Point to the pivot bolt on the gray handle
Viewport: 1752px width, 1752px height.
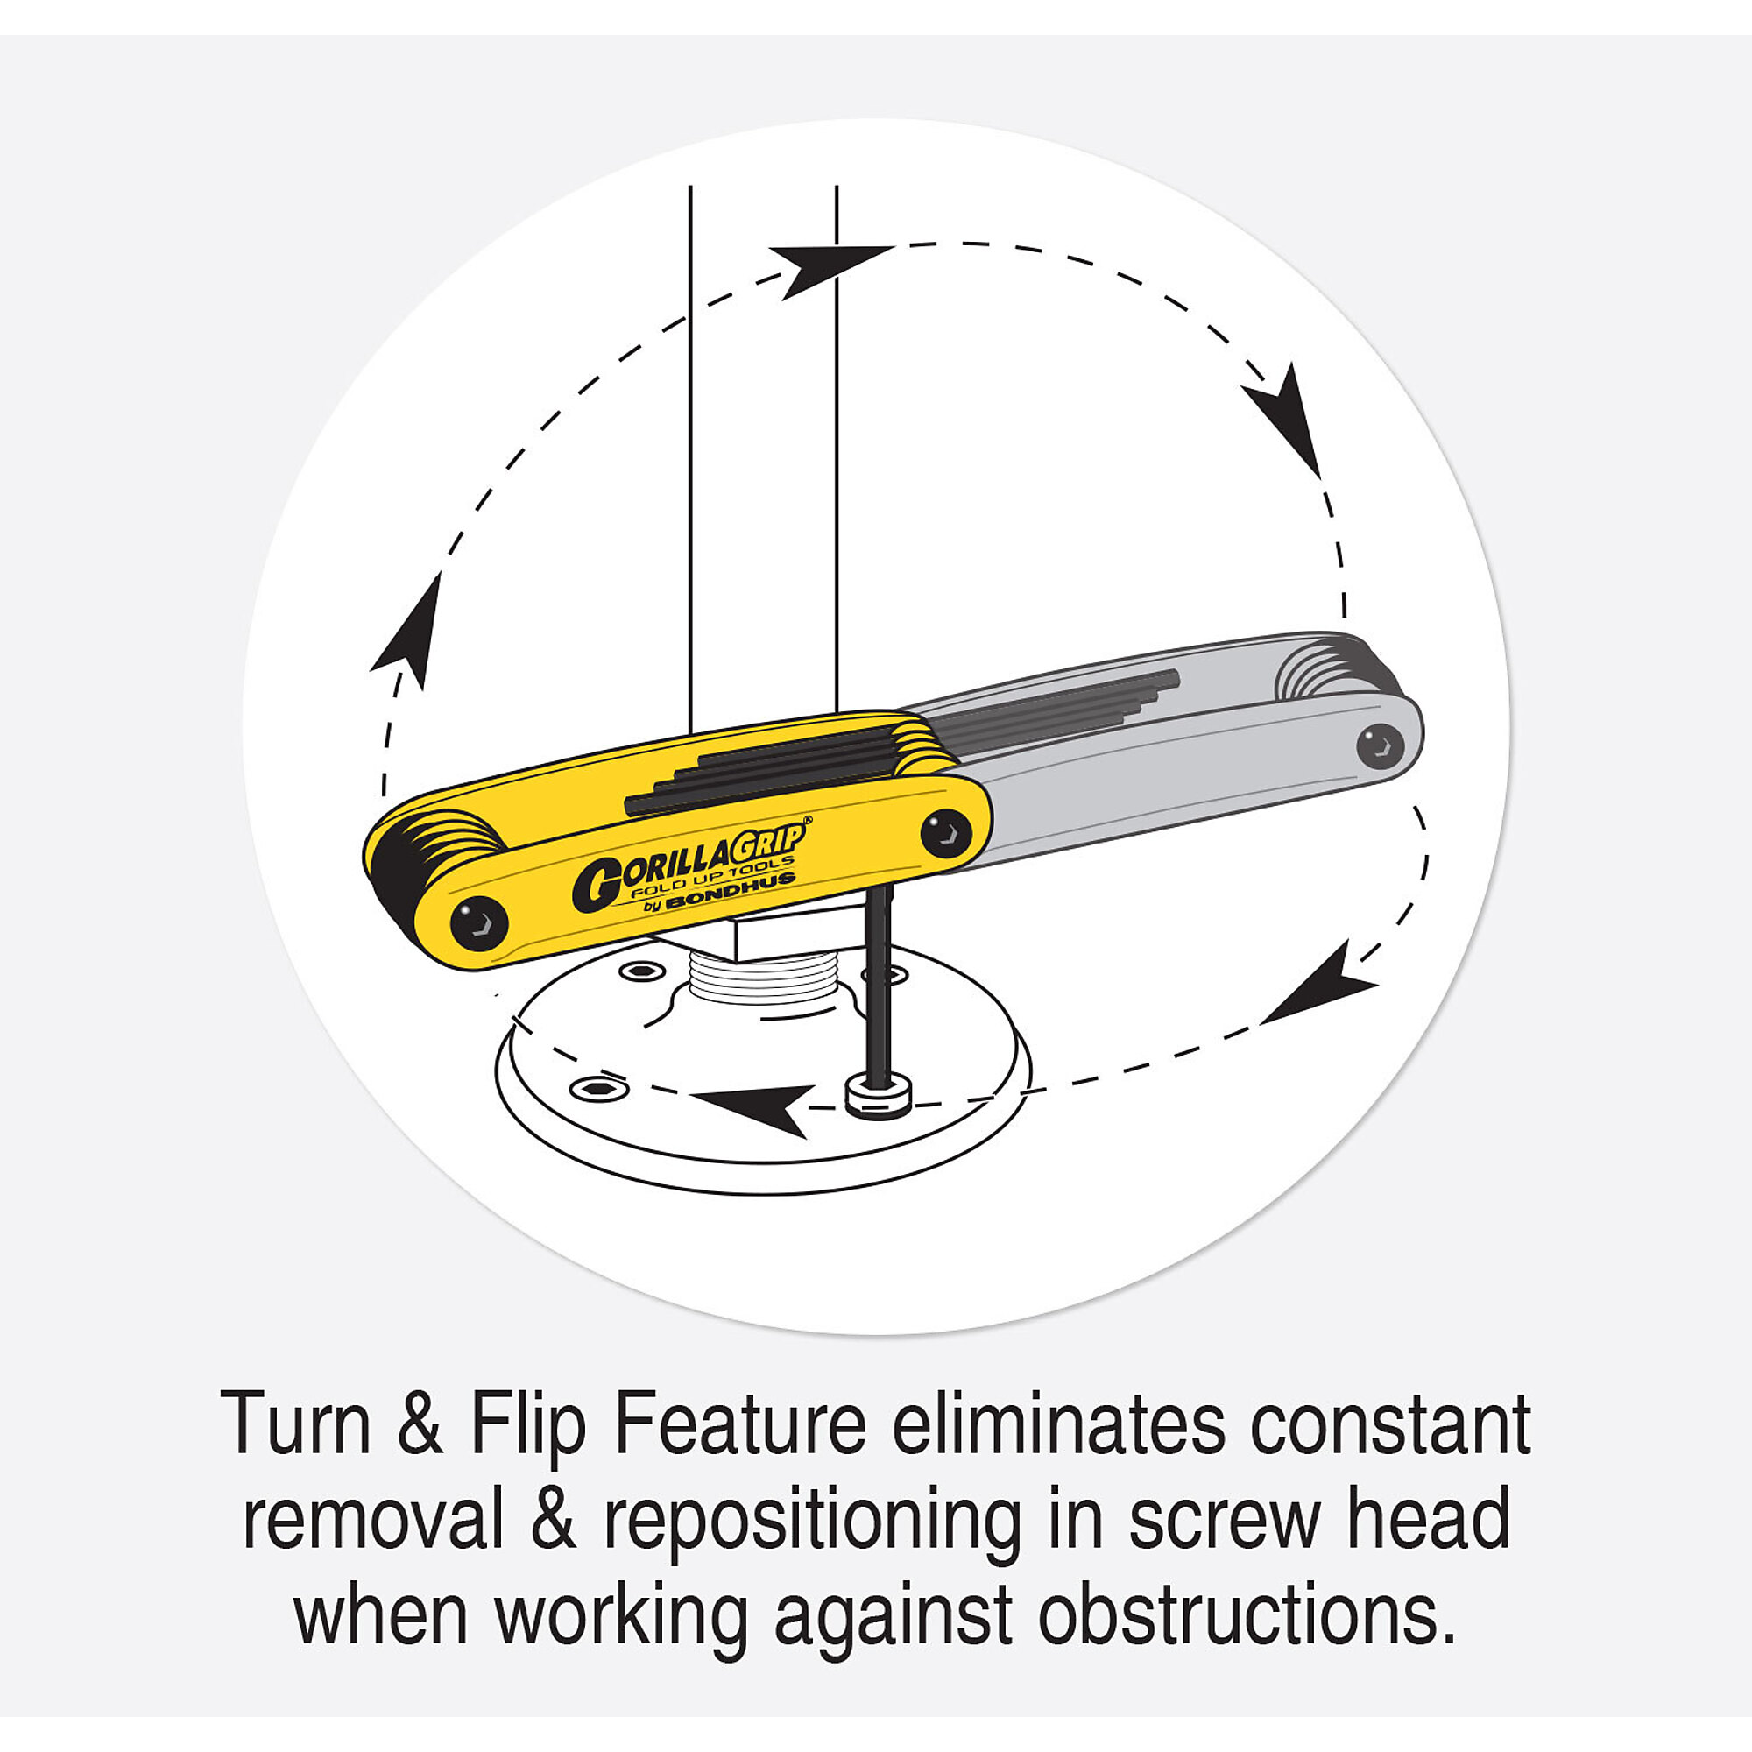coord(1381,746)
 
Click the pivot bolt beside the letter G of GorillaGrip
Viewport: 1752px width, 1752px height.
coord(479,923)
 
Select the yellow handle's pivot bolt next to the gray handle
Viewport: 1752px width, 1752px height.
coord(946,832)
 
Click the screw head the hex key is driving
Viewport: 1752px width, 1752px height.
coord(878,1099)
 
